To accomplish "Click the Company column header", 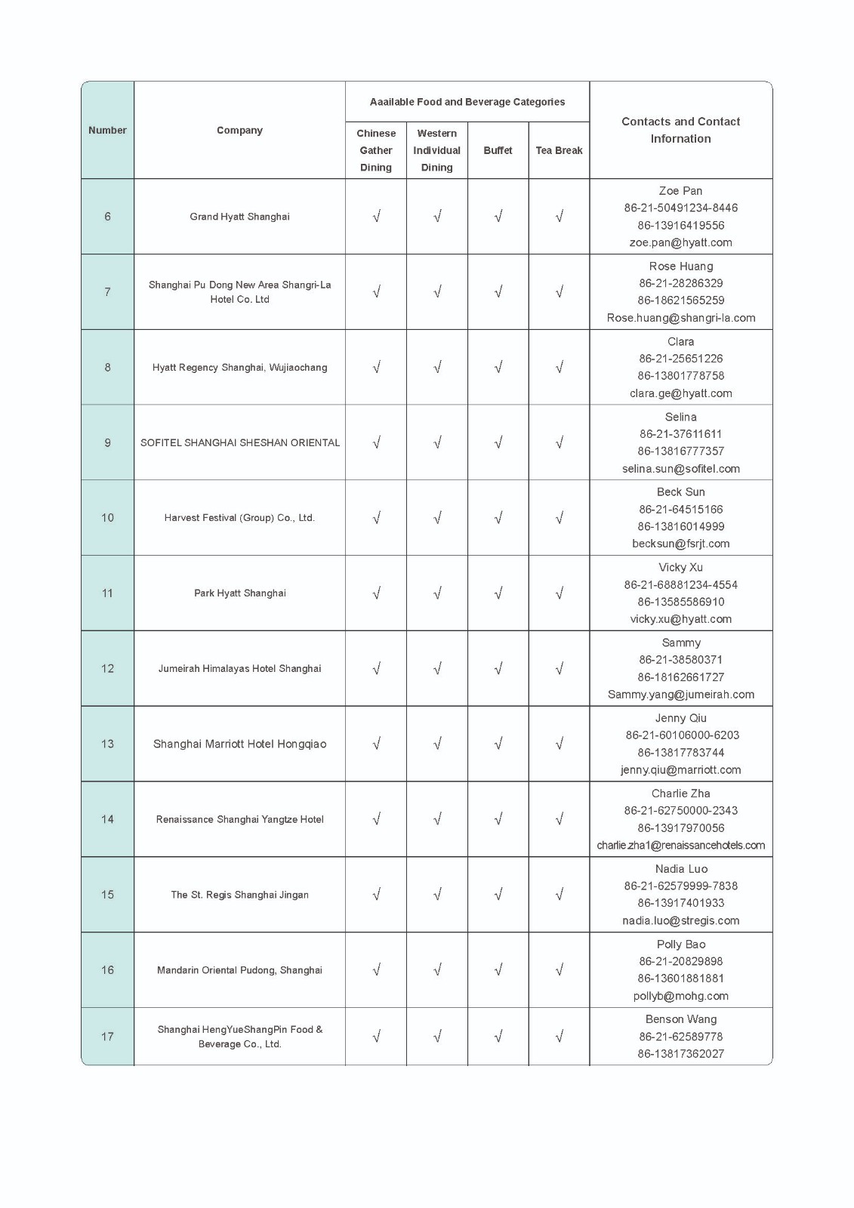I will [x=239, y=130].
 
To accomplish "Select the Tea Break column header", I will [x=559, y=150].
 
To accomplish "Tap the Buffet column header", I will [x=498, y=150].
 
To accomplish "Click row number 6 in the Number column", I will [x=107, y=217].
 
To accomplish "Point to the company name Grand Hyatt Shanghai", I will [x=239, y=217].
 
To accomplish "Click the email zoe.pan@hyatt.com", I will [x=680, y=242].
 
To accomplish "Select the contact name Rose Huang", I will [x=680, y=266].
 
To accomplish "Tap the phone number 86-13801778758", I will [x=680, y=375].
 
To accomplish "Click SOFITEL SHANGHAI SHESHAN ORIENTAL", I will [x=239, y=442].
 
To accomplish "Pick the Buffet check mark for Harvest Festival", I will [x=498, y=518].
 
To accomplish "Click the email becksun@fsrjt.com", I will [x=680, y=544].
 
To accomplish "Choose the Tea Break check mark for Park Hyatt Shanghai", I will [x=559, y=593].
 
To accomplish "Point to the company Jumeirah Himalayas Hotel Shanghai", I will [x=239, y=668].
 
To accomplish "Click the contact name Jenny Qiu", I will [x=680, y=718].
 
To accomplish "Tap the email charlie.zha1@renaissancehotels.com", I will [x=680, y=846].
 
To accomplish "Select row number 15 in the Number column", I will [x=107, y=895].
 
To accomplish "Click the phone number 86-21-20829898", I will [x=680, y=961].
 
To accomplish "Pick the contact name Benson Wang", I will [x=680, y=1019].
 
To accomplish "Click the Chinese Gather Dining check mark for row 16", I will [x=376, y=969].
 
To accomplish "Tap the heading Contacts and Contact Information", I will [x=680, y=130].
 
